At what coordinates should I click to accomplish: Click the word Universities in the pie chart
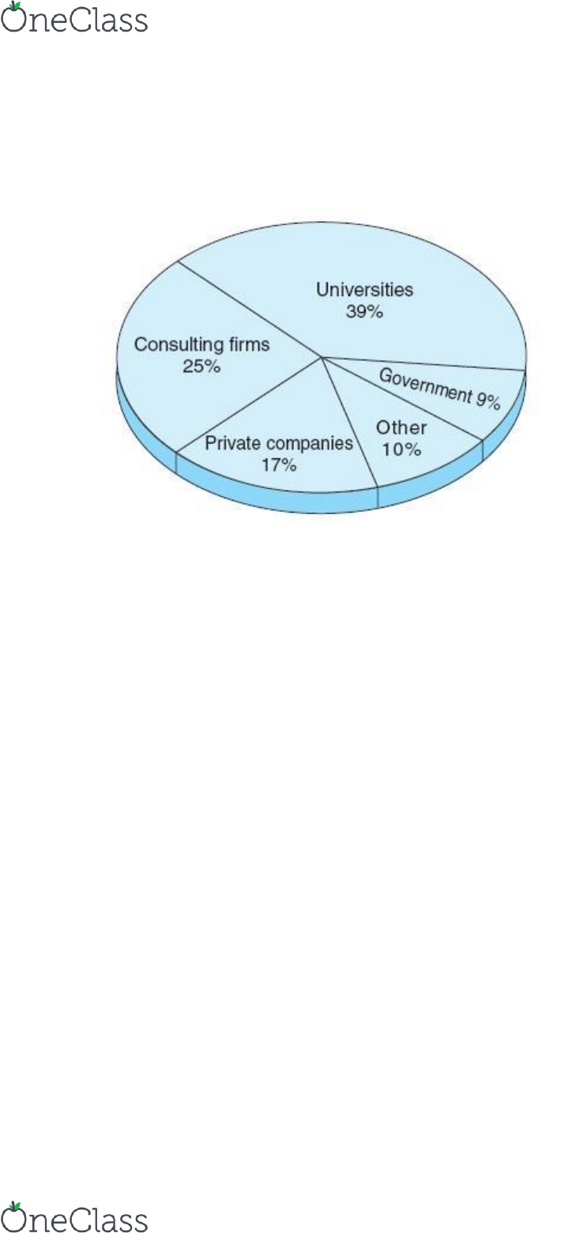[x=364, y=290]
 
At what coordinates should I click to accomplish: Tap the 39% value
[x=364, y=311]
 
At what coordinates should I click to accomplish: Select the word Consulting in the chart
[x=178, y=345]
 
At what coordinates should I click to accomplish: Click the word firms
[x=248, y=344]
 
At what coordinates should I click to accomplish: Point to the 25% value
[x=201, y=366]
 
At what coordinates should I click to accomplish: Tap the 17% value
[x=279, y=465]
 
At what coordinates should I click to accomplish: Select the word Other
[x=401, y=427]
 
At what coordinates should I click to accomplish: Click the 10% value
[x=402, y=449]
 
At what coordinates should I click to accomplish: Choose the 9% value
[x=488, y=400]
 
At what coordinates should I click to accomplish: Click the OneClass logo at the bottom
[x=74, y=1216]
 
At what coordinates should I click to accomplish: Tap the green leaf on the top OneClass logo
[x=15, y=6]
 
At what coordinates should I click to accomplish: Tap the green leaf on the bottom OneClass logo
[x=15, y=1205]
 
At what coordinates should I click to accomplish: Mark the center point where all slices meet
[x=322, y=357]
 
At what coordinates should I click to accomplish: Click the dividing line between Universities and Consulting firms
[x=250, y=310]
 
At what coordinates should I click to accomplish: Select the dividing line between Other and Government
[x=403, y=399]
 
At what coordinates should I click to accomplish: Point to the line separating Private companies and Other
[x=350, y=423]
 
